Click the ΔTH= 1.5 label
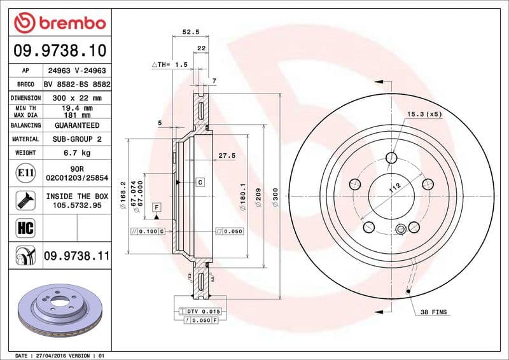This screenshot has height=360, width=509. pos(169,65)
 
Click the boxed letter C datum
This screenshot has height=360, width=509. pos(200,183)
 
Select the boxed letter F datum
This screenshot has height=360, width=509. pos(156,207)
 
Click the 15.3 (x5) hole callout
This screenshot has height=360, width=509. pos(424,114)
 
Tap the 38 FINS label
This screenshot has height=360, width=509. pos(433,312)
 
